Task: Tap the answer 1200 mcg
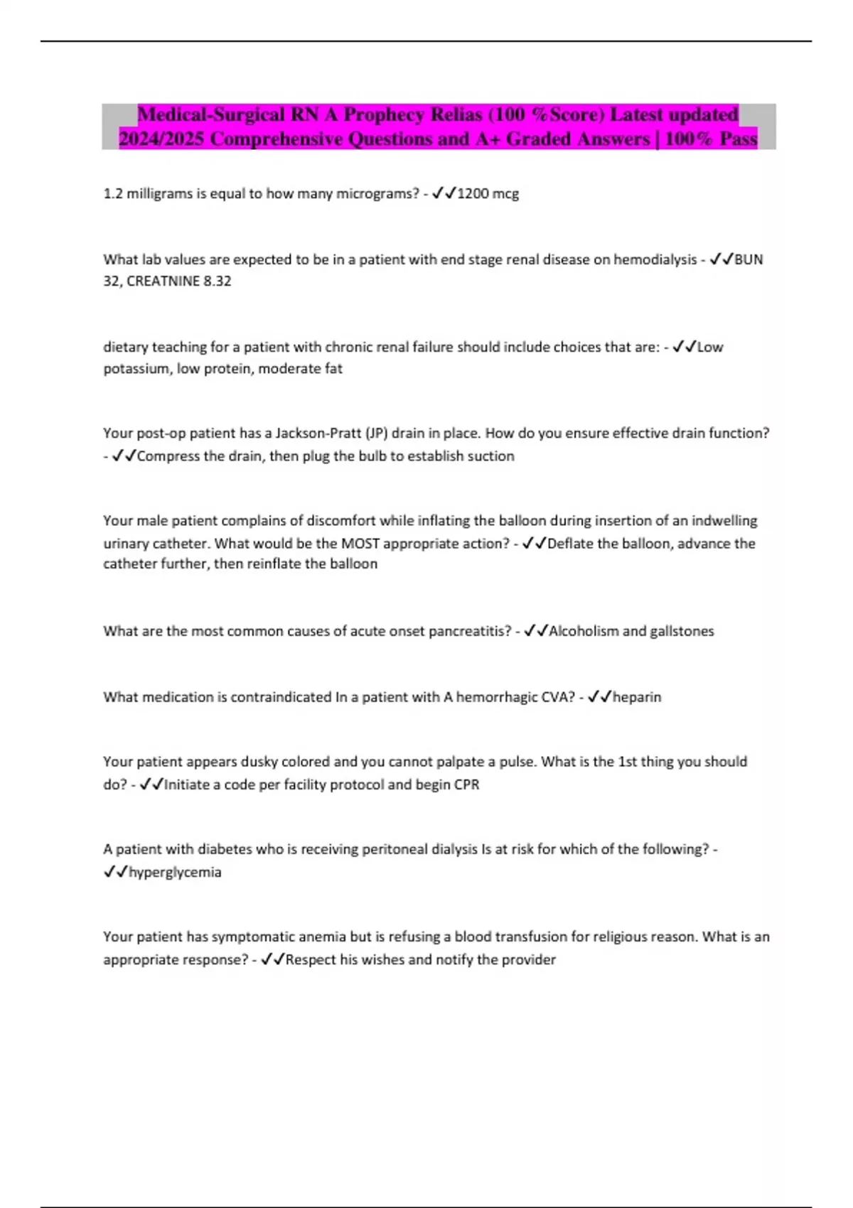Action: (488, 193)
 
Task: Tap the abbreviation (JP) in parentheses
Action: (377, 433)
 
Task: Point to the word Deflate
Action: (574, 544)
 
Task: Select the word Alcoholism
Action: (584, 631)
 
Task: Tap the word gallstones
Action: (682, 631)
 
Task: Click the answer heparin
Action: (637, 697)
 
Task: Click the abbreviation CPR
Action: (466, 784)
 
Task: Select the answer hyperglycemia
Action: (175, 872)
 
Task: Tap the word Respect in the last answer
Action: (311, 959)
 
